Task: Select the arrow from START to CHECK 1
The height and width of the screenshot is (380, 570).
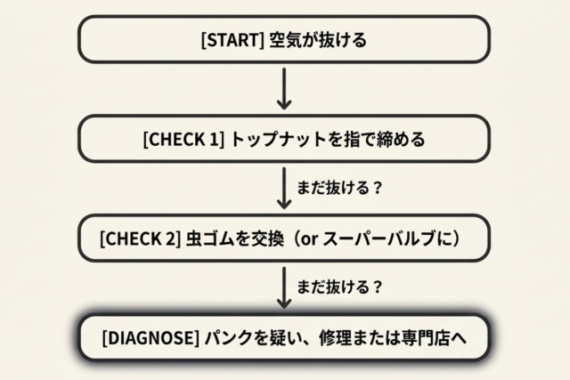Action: coord(284,90)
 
